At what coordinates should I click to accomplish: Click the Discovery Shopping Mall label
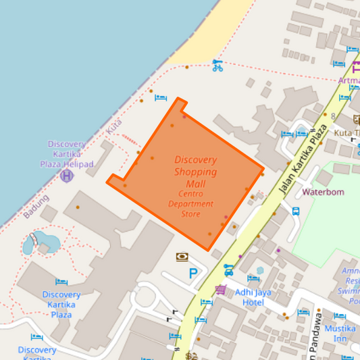(196, 172)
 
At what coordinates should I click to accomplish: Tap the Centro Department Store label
(190, 204)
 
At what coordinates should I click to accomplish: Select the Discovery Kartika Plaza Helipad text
(66, 154)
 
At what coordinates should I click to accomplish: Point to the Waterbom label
(323, 192)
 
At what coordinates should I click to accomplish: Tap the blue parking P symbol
(194, 274)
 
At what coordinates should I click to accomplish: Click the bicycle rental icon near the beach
(217, 66)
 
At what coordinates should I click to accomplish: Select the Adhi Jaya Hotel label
(254, 297)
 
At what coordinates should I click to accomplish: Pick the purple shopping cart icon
(220, 290)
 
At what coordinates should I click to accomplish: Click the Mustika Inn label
(340, 333)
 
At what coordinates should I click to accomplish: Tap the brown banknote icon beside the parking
(182, 257)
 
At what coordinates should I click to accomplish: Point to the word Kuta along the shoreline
(114, 126)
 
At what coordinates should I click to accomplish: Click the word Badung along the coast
(36, 207)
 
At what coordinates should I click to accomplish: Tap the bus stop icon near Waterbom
(296, 211)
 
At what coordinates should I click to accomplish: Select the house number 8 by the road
(333, 116)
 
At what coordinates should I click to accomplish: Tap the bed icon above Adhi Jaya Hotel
(253, 278)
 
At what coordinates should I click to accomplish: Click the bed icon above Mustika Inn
(340, 315)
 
